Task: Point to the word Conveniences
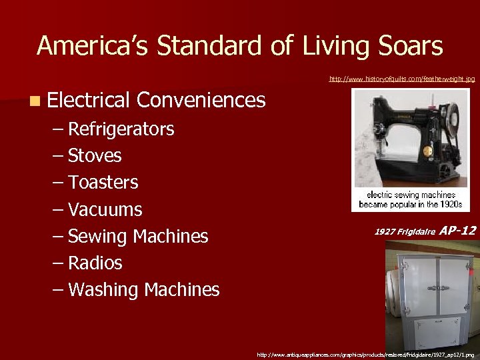click(201, 100)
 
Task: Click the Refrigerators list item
click(121, 129)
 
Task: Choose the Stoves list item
click(95, 155)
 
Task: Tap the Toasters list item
click(103, 182)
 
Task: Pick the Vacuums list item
click(105, 209)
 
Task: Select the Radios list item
click(95, 263)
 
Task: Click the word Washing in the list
click(103, 289)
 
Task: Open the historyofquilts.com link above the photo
click(402, 79)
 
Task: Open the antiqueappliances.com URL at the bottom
click(365, 355)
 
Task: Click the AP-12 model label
click(458, 231)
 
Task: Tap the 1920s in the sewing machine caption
click(449, 205)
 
